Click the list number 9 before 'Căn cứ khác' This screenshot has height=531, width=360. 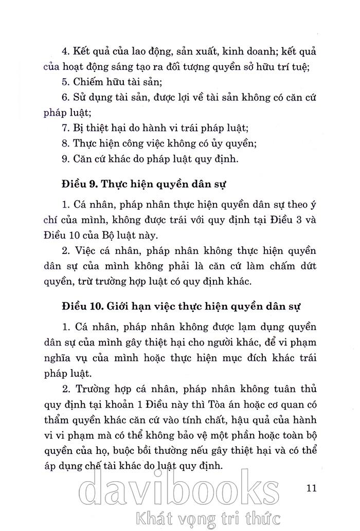pos(64,159)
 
